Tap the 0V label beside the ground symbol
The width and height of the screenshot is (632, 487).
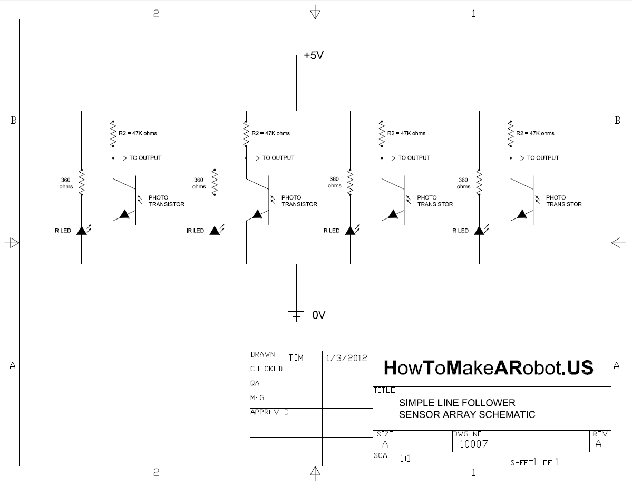pyautogui.click(x=319, y=315)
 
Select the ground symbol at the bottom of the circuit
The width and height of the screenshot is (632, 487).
pyautogui.click(x=297, y=315)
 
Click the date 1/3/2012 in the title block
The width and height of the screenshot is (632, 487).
pyautogui.click(x=346, y=357)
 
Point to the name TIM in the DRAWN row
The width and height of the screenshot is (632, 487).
pyautogui.click(x=296, y=358)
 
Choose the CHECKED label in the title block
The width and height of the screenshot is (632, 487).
pyautogui.click(x=266, y=369)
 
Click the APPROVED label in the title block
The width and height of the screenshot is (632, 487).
pyautogui.click(x=269, y=412)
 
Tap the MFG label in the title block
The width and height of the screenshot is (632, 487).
pyautogui.click(x=257, y=398)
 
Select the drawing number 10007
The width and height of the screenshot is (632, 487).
pyautogui.click(x=473, y=444)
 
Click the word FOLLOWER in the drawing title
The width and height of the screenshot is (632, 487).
pyautogui.click(x=490, y=403)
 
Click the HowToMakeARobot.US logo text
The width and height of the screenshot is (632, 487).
pyautogui.click(x=488, y=367)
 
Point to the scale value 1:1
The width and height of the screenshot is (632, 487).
pyautogui.click(x=405, y=459)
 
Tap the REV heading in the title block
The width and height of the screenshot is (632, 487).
pyautogui.click(x=600, y=434)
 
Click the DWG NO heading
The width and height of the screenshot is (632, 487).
pyautogui.click(x=467, y=434)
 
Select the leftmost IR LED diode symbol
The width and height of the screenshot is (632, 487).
pyautogui.click(x=81, y=230)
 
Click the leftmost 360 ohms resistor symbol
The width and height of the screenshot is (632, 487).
pyautogui.click(x=81, y=182)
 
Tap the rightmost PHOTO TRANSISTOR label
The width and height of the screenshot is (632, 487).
pyautogui.click(x=563, y=201)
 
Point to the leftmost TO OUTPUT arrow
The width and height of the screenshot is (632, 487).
pyautogui.click(x=121, y=157)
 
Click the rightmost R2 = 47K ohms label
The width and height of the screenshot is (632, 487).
pyautogui.click(x=535, y=133)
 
